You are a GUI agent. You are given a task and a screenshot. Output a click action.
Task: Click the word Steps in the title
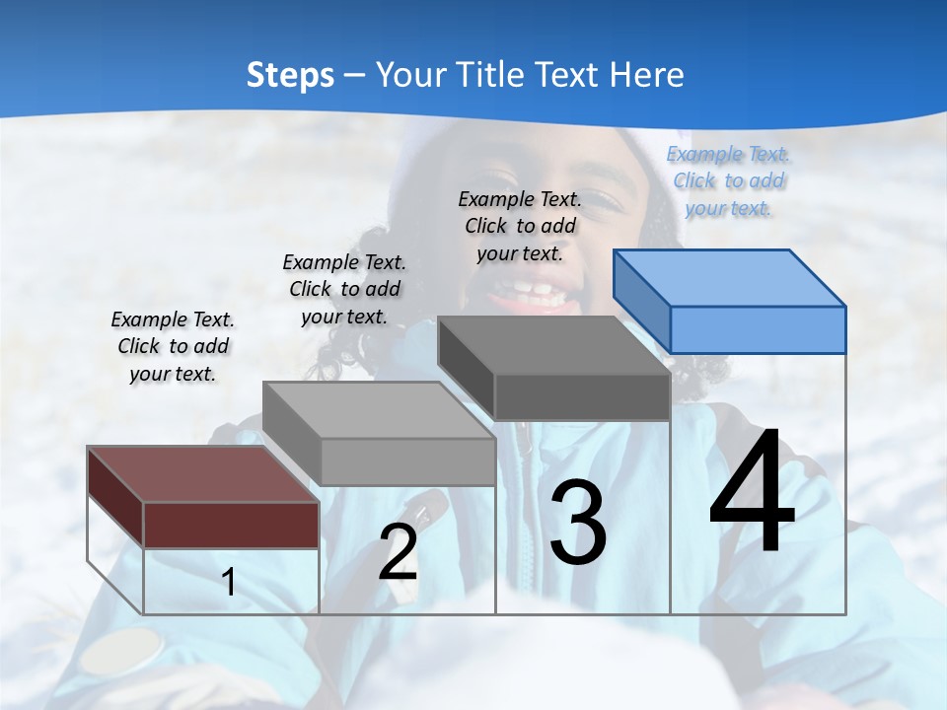point(290,75)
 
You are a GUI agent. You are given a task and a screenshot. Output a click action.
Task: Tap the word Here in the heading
point(644,75)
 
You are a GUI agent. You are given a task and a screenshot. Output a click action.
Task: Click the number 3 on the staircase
point(577,523)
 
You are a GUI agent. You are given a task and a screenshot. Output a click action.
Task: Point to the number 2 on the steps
point(398,552)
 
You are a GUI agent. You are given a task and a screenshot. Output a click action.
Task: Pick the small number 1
point(229,583)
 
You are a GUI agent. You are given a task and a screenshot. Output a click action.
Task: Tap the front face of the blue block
point(758,329)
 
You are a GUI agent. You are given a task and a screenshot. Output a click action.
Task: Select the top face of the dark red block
point(202,473)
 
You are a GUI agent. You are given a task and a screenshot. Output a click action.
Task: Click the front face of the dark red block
point(231,525)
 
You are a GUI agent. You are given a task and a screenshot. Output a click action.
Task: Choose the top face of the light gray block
point(379,409)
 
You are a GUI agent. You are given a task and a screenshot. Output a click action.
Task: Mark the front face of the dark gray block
point(582,397)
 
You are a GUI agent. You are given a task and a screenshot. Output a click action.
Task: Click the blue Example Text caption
point(728,180)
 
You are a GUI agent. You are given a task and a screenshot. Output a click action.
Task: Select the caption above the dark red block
point(173,346)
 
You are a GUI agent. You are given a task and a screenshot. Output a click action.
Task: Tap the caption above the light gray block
point(344,289)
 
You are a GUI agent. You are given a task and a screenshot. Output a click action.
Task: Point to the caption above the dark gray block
point(520,226)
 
